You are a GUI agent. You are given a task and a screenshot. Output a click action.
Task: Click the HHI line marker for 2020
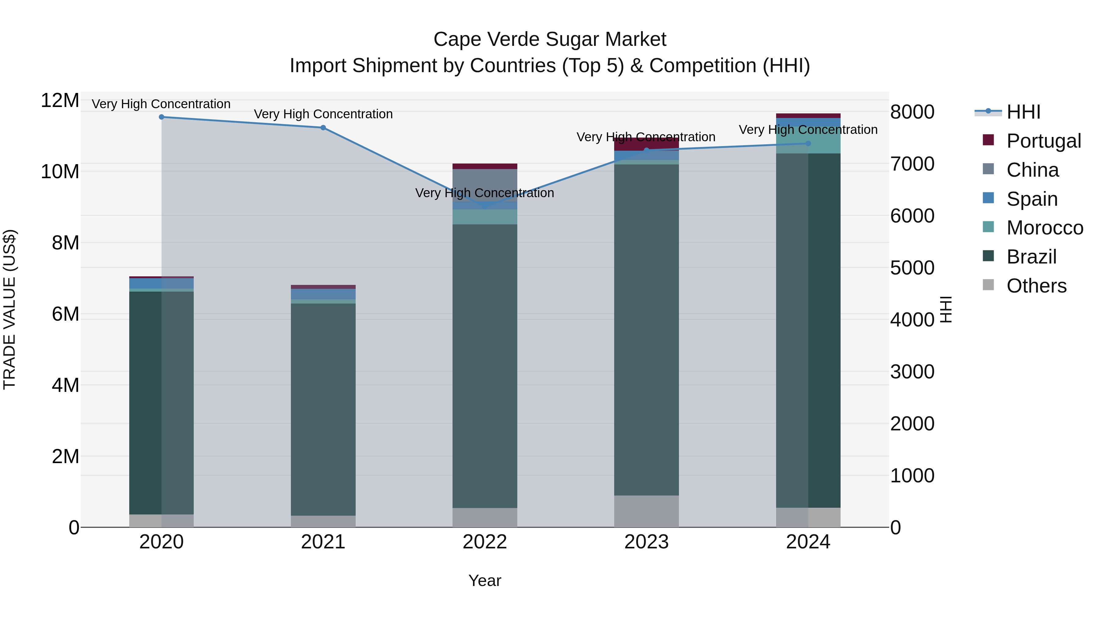coord(161,117)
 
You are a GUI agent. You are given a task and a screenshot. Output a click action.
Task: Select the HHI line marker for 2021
coord(323,128)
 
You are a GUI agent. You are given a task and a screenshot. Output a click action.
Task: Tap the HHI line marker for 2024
coord(808,144)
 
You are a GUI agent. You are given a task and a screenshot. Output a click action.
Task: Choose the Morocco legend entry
coord(1044,228)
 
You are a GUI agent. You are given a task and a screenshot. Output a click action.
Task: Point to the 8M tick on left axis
coord(65,243)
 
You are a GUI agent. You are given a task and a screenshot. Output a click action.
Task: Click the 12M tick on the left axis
coord(60,101)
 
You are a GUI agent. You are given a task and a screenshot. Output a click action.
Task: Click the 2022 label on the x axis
coord(485,542)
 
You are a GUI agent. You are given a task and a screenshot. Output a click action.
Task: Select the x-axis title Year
coord(485,580)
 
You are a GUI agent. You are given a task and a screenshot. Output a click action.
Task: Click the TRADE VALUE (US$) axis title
coord(9,309)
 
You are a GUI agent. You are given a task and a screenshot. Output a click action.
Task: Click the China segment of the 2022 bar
coord(485,185)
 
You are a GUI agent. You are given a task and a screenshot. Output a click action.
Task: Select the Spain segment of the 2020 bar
coord(161,283)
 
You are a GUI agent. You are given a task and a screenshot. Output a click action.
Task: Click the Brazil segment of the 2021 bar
coord(323,409)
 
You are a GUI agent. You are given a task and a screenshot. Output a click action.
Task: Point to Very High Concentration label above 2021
coord(323,114)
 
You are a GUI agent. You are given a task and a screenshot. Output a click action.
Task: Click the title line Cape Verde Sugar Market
coord(550,39)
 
